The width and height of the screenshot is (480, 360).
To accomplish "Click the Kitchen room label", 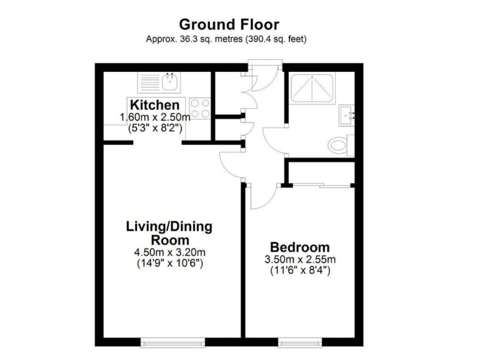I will tap(155, 105).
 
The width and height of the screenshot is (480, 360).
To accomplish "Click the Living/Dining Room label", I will tap(169, 232).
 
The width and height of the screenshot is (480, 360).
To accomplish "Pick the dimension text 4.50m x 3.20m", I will tap(169, 252).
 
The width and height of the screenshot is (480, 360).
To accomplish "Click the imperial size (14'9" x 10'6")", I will tap(169, 264).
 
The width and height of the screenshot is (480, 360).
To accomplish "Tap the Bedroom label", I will tap(300, 246).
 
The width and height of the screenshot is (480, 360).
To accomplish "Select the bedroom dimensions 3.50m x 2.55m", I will tap(300, 259).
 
